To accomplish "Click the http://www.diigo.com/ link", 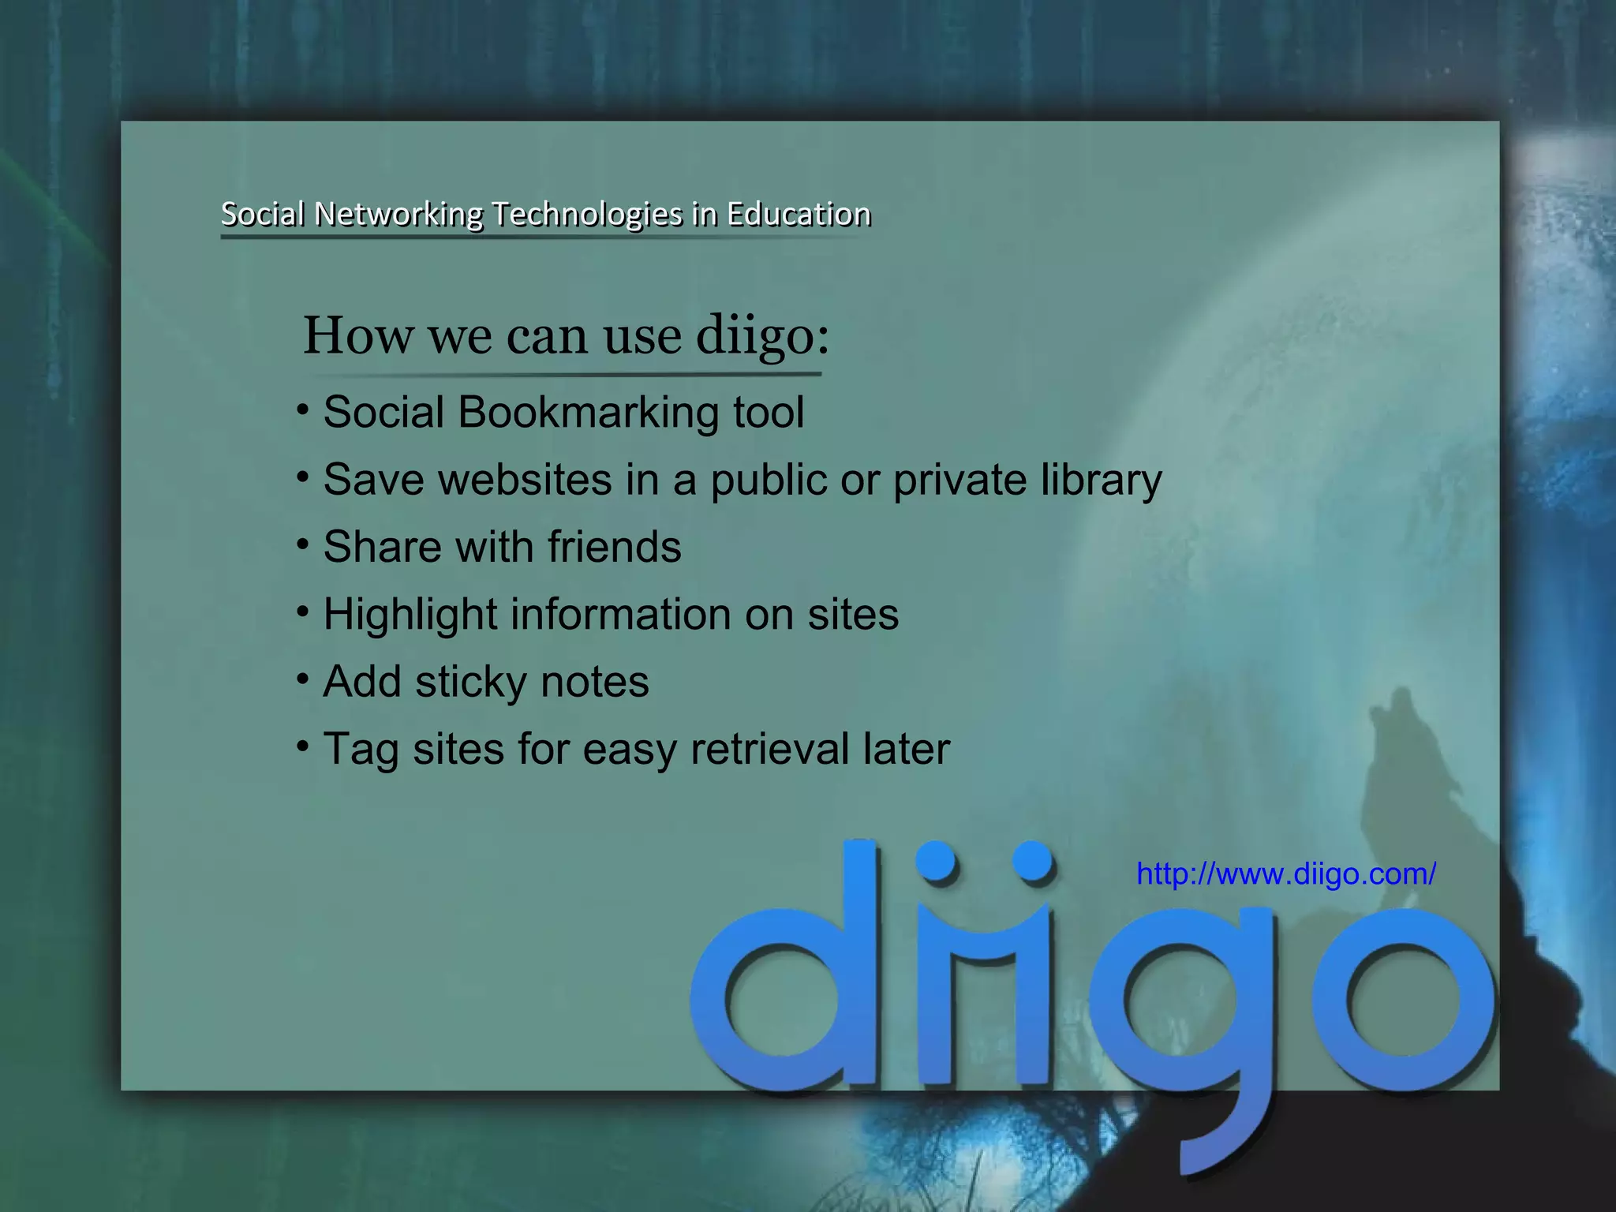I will tap(1285, 874).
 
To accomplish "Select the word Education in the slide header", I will tap(799, 214).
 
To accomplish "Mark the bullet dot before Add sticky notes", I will tap(303, 679).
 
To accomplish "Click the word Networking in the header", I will tap(398, 214).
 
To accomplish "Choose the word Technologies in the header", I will tap(587, 214).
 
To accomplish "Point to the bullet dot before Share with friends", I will tap(303, 544).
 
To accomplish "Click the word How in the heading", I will tap(357, 335).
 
